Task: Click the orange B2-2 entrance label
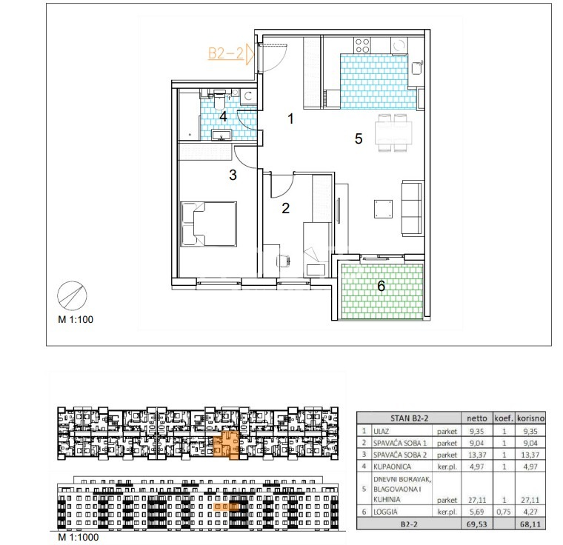click(226, 53)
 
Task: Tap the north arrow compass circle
click(72, 296)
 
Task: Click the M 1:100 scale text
click(76, 319)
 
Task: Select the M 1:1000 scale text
click(78, 537)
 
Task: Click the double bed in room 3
click(209, 224)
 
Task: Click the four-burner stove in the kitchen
click(362, 46)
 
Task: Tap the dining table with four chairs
click(393, 133)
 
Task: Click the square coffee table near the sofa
click(383, 209)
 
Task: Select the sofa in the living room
click(411, 208)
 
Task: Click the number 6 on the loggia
click(381, 286)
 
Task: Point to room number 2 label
click(285, 208)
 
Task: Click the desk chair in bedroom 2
click(284, 261)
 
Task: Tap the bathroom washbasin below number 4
click(221, 135)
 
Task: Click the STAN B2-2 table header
click(409, 418)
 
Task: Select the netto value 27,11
click(477, 499)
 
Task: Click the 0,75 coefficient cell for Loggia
click(504, 512)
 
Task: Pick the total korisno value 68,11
click(530, 524)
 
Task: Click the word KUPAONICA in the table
click(392, 467)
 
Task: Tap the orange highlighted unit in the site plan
click(226, 445)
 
